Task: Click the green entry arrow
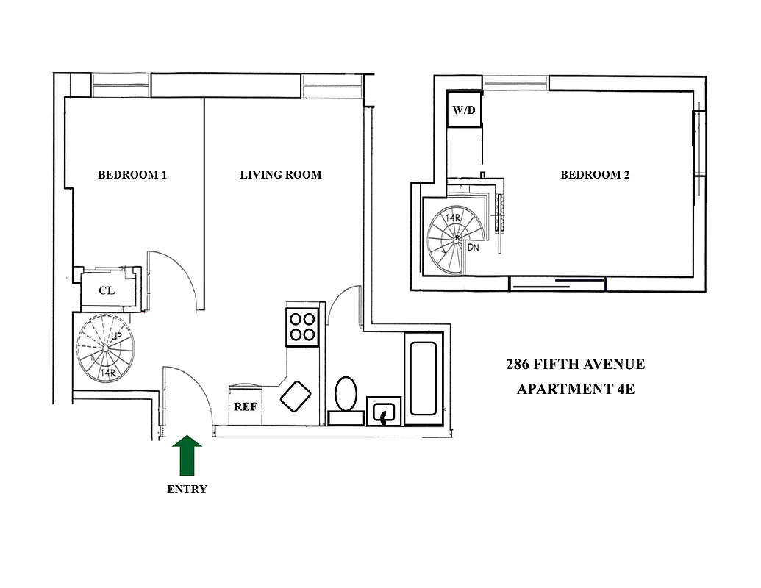pos(187,454)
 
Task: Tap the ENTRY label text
pos(187,489)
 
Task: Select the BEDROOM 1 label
pos(132,175)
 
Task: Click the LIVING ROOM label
pos(281,175)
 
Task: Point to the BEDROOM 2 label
pos(595,175)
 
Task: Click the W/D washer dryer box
pos(464,111)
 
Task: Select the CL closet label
pos(107,290)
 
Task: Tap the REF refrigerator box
pos(245,406)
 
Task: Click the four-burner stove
pos(302,326)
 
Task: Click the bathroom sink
pos(384,413)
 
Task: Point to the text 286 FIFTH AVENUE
pos(575,365)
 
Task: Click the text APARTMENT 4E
pos(575,390)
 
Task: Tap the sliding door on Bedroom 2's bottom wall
pos(557,283)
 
